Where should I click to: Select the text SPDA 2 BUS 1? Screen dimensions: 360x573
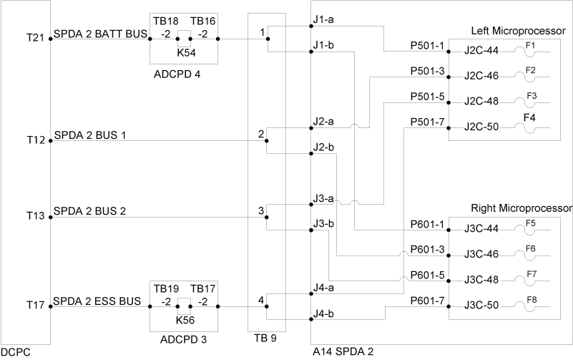(x=90, y=135)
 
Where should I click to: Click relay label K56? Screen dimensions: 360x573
(x=185, y=320)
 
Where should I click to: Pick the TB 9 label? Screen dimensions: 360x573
(x=265, y=338)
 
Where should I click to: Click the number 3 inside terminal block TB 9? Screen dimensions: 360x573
(x=262, y=211)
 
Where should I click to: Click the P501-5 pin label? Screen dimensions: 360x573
(x=427, y=97)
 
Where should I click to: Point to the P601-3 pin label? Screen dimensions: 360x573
(x=427, y=249)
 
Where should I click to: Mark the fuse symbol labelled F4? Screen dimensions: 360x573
(x=530, y=127)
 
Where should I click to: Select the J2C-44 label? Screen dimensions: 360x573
(x=481, y=51)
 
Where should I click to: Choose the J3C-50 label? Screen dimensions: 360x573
(x=481, y=306)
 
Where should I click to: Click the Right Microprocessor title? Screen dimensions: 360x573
(x=521, y=208)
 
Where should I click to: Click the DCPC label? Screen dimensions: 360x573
(x=16, y=352)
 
